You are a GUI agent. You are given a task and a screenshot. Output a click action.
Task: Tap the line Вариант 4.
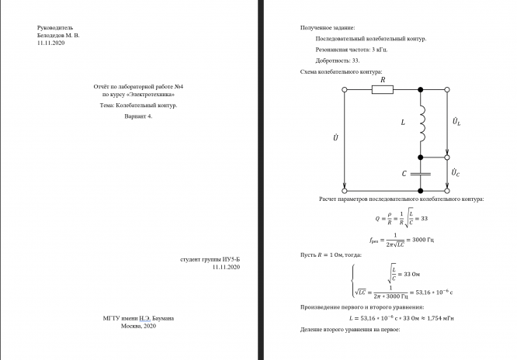coord(139,116)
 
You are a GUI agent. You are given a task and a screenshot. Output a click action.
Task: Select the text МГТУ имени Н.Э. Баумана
coord(139,318)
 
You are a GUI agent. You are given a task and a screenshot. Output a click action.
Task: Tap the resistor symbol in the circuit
coord(383,90)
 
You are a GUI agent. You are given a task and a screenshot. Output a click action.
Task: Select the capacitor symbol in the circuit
coord(420,173)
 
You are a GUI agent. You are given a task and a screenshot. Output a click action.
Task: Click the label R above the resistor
coord(382,78)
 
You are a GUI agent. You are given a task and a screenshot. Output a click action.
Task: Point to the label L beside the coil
coord(403,123)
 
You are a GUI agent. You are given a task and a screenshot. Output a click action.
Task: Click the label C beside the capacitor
coord(404,174)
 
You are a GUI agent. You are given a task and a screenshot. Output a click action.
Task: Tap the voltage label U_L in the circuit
coord(456,122)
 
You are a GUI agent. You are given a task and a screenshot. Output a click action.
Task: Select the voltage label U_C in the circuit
coord(456,169)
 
